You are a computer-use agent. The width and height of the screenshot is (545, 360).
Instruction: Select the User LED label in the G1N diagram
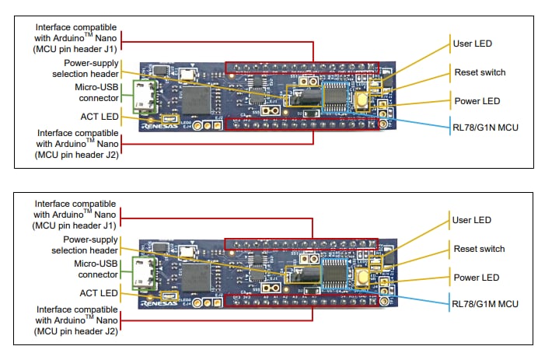coord(472,44)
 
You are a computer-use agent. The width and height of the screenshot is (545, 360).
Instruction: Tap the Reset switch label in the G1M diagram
coord(480,249)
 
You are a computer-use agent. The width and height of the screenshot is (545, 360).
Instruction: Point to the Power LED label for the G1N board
coord(476,100)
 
